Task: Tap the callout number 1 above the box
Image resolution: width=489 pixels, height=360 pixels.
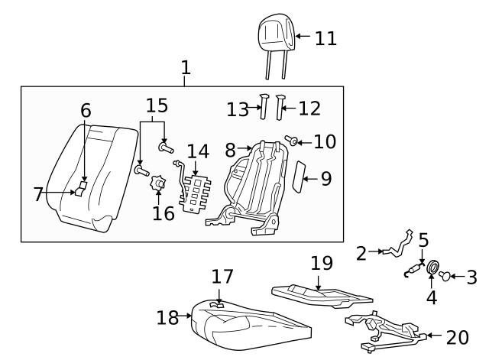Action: click(x=186, y=67)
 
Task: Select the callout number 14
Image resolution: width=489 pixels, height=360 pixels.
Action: click(x=198, y=151)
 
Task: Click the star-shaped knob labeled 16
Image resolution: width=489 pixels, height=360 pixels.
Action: click(x=158, y=183)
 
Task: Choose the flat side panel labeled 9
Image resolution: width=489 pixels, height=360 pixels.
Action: click(x=299, y=177)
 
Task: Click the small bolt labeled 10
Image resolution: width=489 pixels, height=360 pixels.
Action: click(x=290, y=140)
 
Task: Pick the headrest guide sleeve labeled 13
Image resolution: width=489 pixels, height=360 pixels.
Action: click(x=264, y=107)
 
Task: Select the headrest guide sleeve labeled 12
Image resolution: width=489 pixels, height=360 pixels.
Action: click(x=280, y=107)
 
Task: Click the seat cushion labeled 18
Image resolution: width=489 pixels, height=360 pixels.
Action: click(x=250, y=324)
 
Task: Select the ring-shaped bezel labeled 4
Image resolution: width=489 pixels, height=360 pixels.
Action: click(x=432, y=267)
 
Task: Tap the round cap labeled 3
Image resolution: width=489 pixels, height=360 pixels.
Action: click(x=445, y=276)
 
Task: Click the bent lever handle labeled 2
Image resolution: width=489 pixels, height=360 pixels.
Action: click(x=397, y=246)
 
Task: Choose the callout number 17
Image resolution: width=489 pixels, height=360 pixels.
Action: click(x=222, y=277)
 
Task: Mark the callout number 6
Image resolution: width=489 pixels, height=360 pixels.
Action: click(x=86, y=110)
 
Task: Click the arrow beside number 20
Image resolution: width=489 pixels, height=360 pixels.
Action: click(x=435, y=336)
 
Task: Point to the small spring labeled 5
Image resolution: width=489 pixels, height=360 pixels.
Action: click(x=414, y=270)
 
